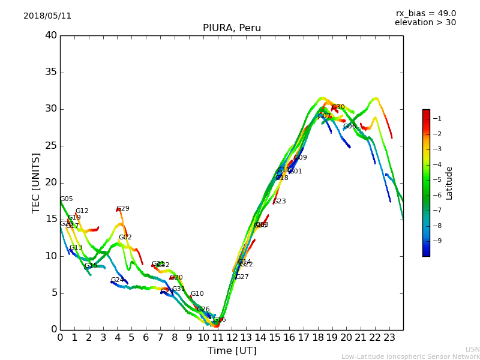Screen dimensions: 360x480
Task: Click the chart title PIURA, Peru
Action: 232,28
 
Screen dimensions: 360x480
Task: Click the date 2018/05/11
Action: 47,16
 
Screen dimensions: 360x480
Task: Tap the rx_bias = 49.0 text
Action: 425,14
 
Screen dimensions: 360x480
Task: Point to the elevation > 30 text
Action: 425,23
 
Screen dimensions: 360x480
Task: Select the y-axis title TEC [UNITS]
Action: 37,182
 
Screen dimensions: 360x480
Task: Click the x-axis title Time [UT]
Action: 232,351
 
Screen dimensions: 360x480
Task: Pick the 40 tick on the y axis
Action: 50,35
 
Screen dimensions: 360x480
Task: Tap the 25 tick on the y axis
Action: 50,146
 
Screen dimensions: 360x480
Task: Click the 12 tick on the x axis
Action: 232,338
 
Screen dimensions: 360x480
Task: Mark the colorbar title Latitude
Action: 449,183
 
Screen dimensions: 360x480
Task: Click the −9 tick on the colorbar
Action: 437,241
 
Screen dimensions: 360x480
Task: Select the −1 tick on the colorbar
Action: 437,119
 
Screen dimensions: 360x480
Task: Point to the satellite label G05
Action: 66,199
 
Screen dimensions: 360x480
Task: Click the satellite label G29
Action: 122,209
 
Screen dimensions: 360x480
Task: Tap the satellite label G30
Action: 338,107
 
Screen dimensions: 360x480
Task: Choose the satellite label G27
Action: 242,277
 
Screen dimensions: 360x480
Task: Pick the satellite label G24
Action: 117,280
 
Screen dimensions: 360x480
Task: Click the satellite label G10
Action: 197,294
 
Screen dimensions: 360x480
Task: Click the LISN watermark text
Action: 472,349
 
